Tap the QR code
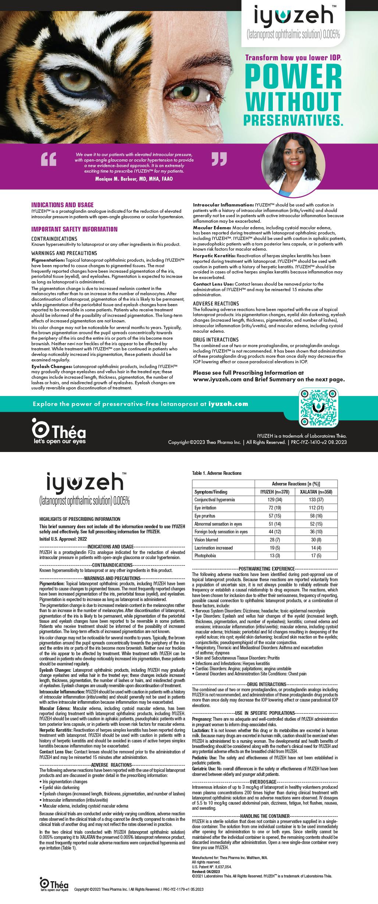point(318,407)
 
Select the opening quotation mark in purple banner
point(48,159)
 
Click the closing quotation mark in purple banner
point(219,158)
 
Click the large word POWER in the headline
point(293,75)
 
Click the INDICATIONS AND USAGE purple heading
point(63,205)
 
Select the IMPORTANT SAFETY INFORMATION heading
point(74,229)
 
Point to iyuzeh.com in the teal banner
point(228,404)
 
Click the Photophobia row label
point(205,555)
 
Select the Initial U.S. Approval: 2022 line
point(63,538)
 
